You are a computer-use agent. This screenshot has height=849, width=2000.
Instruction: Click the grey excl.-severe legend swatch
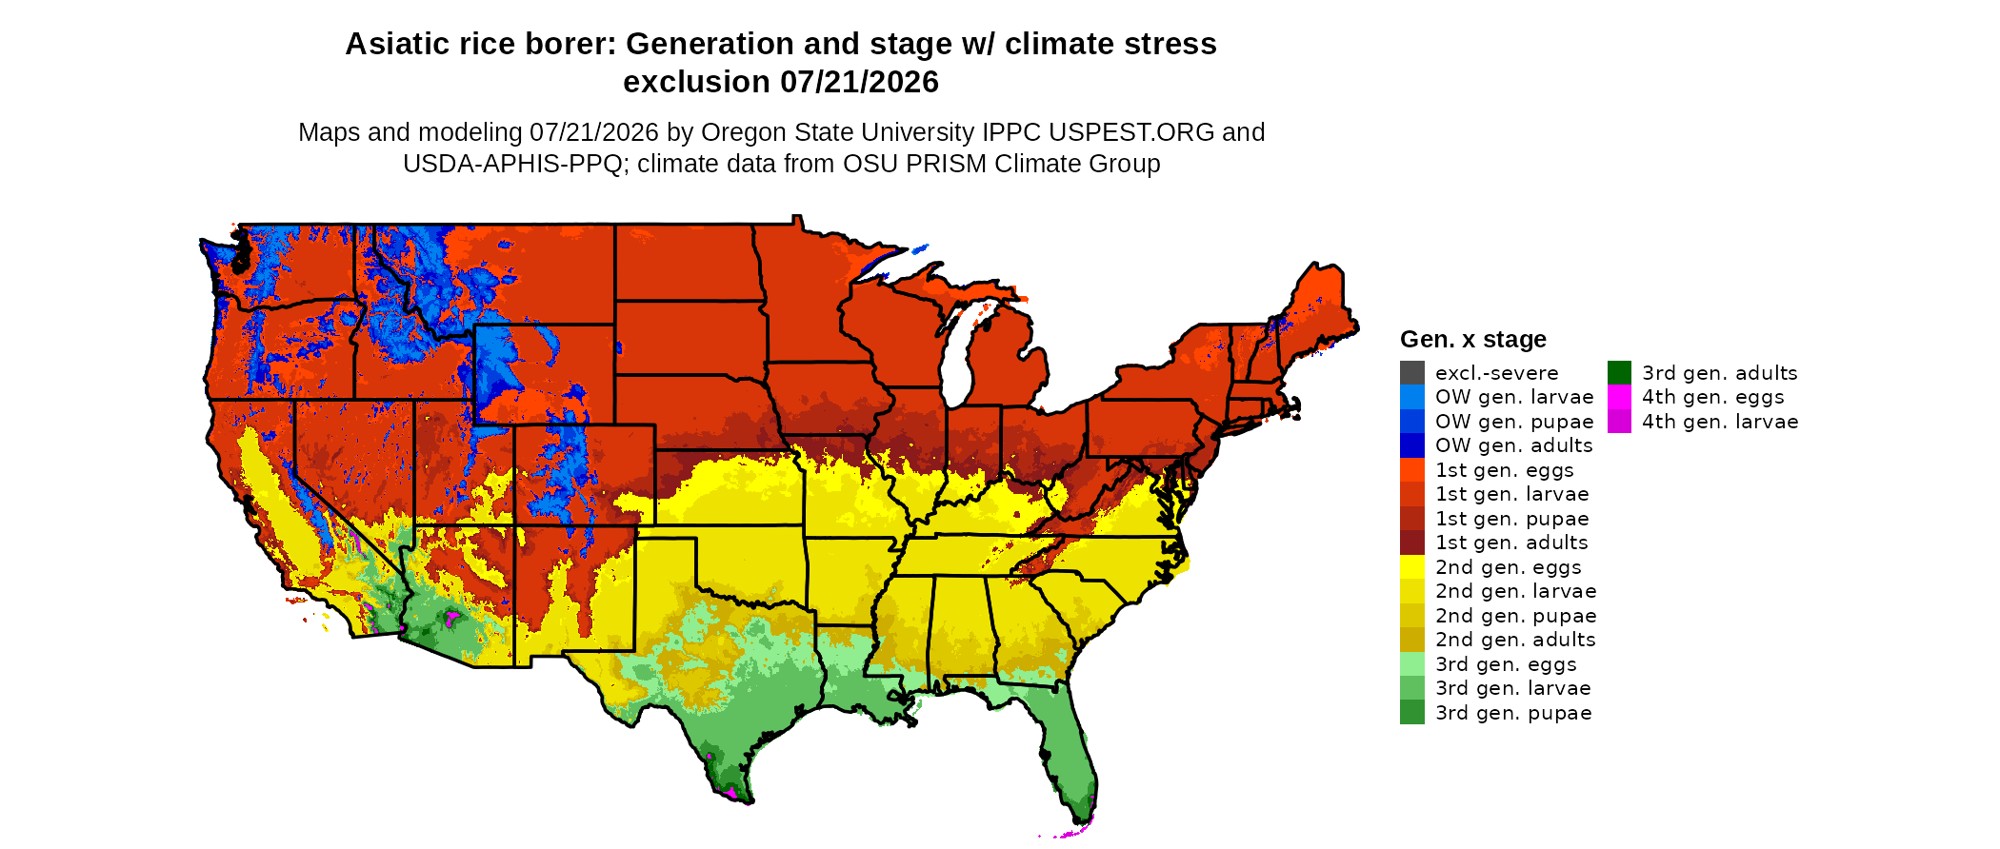pyautogui.click(x=1412, y=373)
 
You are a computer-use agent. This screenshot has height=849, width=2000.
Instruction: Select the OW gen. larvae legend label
pyautogui.click(x=1514, y=397)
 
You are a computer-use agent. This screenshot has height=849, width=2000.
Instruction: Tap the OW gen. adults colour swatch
pyautogui.click(x=1412, y=445)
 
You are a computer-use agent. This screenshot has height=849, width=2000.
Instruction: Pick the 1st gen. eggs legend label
pyautogui.click(x=1505, y=470)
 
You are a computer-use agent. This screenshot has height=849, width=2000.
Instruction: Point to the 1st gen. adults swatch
pyautogui.click(x=1412, y=543)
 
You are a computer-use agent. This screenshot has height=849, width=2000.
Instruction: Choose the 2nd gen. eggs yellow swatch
pyautogui.click(x=1412, y=567)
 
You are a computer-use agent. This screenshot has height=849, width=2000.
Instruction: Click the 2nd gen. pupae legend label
pyautogui.click(x=1516, y=616)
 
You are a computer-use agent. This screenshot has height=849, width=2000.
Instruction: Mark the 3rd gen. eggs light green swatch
pyautogui.click(x=1412, y=664)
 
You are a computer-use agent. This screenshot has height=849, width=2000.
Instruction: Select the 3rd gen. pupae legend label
pyautogui.click(x=1513, y=713)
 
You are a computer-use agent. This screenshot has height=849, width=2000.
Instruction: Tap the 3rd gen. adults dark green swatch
pyautogui.click(x=1619, y=373)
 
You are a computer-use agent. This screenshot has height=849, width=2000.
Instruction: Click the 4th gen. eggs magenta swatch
pyautogui.click(x=1619, y=397)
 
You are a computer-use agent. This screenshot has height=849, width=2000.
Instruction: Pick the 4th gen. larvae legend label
pyautogui.click(x=1720, y=422)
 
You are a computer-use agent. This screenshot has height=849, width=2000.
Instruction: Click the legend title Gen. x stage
pyautogui.click(x=1473, y=339)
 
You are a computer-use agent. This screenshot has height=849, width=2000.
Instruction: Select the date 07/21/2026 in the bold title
pyautogui.click(x=859, y=82)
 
